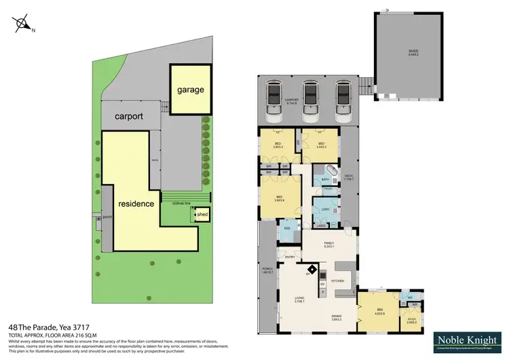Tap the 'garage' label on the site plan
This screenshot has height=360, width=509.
pyautogui.click(x=190, y=90)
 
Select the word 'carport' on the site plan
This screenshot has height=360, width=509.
pyautogui.click(x=129, y=116)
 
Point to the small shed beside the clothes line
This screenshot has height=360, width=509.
pyautogui.click(x=202, y=215)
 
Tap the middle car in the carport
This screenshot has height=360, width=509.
pyautogui.click(x=312, y=97)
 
